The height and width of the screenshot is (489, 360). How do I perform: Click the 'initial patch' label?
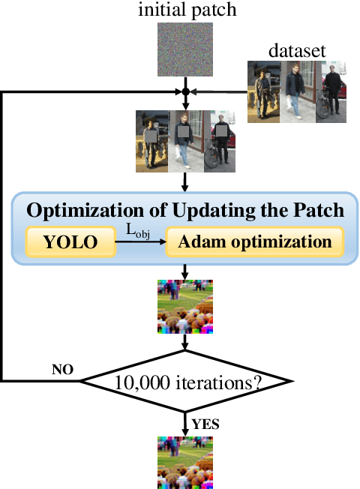(x=186, y=10)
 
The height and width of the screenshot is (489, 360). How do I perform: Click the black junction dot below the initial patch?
(x=185, y=92)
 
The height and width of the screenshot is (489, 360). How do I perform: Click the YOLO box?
(x=70, y=242)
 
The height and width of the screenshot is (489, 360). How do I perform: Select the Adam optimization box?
(x=253, y=242)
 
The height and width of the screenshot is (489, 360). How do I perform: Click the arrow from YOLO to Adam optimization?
(x=139, y=242)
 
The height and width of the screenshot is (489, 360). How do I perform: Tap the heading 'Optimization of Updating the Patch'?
(x=185, y=211)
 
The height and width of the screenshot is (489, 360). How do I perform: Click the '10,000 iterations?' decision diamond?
(x=185, y=382)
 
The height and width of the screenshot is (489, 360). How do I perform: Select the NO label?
(x=63, y=370)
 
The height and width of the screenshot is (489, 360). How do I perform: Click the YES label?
(x=205, y=424)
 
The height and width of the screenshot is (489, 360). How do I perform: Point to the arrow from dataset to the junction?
(x=219, y=92)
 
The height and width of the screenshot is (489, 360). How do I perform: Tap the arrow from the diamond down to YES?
(x=185, y=421)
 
